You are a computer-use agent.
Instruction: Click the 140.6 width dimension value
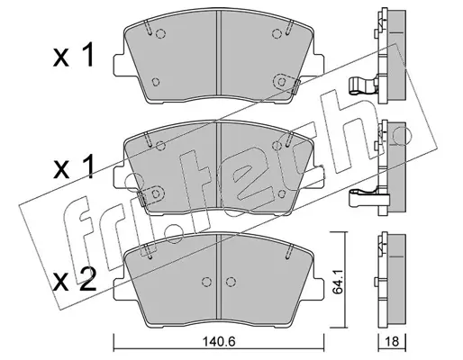tap(218, 341)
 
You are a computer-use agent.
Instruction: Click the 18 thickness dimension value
tap(392, 341)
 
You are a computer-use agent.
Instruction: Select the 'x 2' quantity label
tap(74, 280)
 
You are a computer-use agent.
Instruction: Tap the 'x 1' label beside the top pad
tap(73, 55)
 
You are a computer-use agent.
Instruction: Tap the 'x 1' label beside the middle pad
tap(73, 167)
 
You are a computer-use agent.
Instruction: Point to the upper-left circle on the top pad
tap(160, 34)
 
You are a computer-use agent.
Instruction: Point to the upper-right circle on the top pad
tap(277, 34)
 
